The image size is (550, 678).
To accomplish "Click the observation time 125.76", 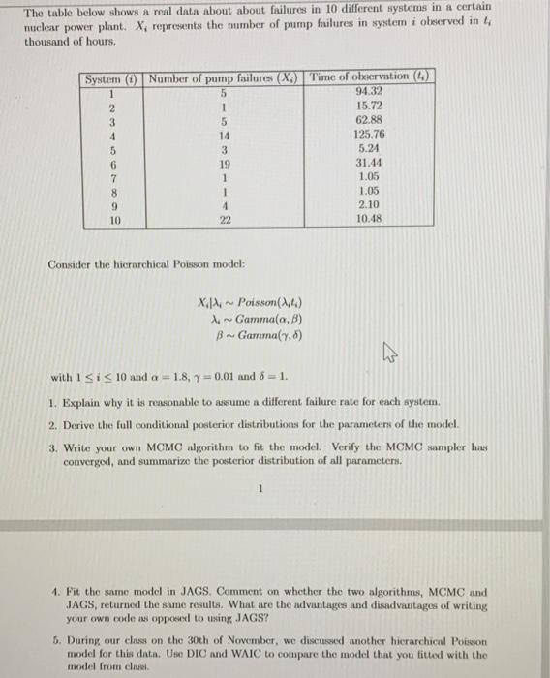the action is (368, 136).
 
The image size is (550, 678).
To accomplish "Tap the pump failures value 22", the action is (223, 220).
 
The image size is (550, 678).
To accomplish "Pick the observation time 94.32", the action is (368, 92).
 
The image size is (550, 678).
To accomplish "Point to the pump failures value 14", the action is (223, 136).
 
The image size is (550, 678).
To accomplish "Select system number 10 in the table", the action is (113, 220).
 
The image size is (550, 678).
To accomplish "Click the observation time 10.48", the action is (368, 220).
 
